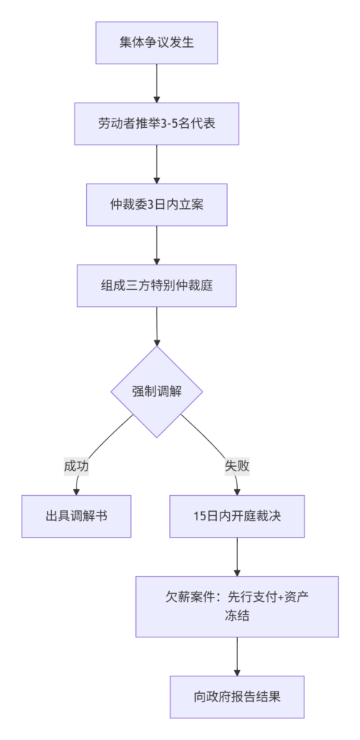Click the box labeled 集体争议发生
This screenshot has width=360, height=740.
157,43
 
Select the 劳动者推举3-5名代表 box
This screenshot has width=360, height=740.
157,124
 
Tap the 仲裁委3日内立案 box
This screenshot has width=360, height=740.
157,205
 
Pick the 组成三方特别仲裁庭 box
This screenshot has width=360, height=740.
157,285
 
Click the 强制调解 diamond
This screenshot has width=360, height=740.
157,392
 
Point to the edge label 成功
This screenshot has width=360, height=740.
77,466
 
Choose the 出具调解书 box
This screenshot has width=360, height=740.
77,516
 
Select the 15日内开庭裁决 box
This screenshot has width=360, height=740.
237,516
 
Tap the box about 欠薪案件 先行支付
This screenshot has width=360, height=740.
237,606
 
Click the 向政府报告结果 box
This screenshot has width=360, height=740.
237,697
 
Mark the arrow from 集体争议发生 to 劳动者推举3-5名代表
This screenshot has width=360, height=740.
157,83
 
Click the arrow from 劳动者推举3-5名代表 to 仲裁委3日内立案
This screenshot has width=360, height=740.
157,164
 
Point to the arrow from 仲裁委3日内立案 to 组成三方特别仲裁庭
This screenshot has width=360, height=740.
157,246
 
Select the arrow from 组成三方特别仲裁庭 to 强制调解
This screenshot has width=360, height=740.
157,327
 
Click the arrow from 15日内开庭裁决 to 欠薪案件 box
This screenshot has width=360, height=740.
237,557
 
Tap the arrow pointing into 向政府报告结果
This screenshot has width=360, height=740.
237,656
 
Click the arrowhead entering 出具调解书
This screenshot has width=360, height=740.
77,491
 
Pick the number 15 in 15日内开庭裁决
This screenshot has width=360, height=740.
199,516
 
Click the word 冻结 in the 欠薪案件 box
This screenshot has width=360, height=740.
237,616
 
